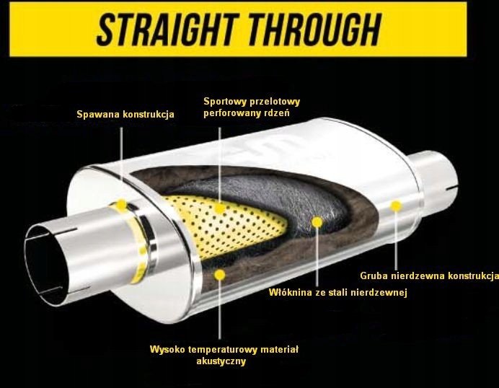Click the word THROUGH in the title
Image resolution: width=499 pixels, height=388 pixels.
pyautogui.click(x=315, y=29)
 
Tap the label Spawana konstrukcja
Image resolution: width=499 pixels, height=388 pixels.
pyautogui.click(x=125, y=114)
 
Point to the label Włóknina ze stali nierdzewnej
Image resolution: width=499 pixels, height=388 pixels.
pyautogui.click(x=338, y=293)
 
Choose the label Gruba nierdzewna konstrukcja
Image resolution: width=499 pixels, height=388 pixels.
pyautogui.click(x=429, y=275)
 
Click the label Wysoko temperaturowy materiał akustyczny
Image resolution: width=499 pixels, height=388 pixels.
pyautogui.click(x=224, y=355)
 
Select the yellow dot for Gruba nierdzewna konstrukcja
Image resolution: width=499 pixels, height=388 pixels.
pyautogui.click(x=395, y=206)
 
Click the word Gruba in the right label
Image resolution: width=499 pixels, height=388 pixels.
pyautogui.click(x=374, y=275)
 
